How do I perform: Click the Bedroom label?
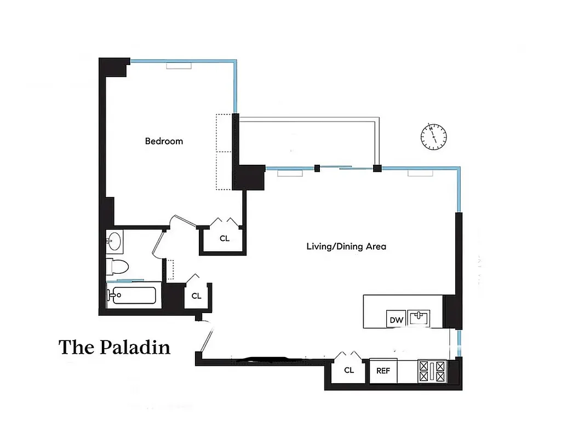point(164,141)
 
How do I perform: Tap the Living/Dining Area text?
point(346,246)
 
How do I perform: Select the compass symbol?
point(433,136)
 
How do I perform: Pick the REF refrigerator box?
point(383,371)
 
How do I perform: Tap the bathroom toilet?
point(118,267)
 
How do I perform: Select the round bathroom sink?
point(114,240)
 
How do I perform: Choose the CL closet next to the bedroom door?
point(224,238)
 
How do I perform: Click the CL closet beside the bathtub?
point(196,296)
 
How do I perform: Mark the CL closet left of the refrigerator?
point(349,371)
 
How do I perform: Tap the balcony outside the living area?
point(307,142)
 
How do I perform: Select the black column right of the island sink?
point(453,312)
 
